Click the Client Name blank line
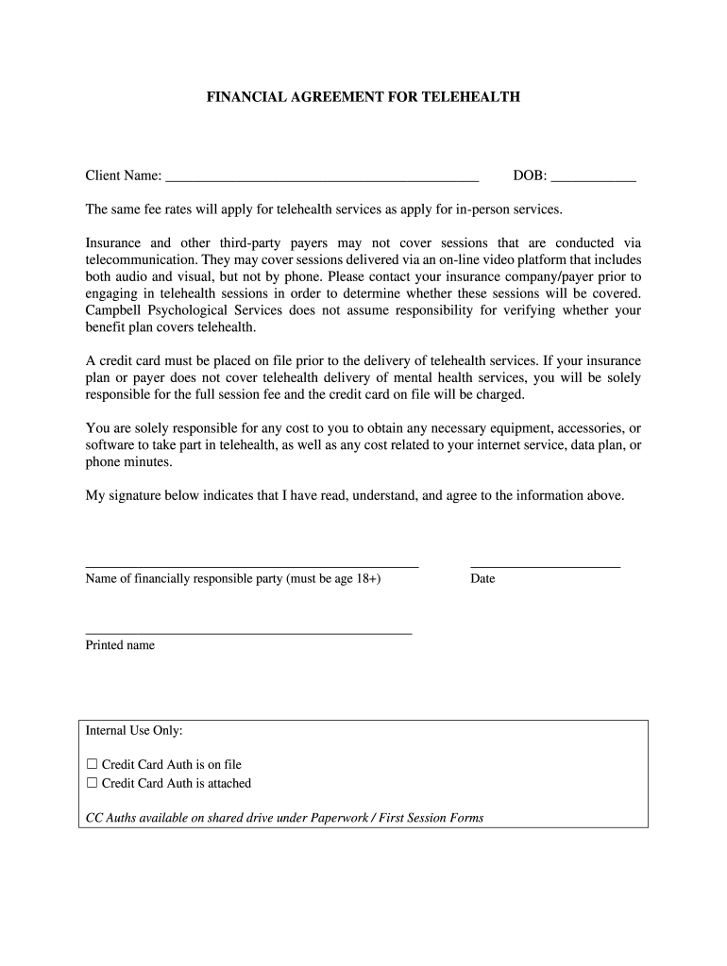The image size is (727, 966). click(x=322, y=176)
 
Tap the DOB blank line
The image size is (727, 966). click(x=593, y=176)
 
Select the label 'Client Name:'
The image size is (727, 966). click(x=124, y=176)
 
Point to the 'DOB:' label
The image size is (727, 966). click(x=530, y=176)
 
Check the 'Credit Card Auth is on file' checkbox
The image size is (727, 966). click(x=93, y=764)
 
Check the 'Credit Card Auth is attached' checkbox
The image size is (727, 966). click(x=93, y=783)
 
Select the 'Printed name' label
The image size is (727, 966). click(x=120, y=645)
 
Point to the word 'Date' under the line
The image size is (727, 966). click(x=482, y=578)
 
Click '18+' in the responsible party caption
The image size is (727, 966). click(x=367, y=578)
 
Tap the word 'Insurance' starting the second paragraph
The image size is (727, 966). click(x=114, y=242)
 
